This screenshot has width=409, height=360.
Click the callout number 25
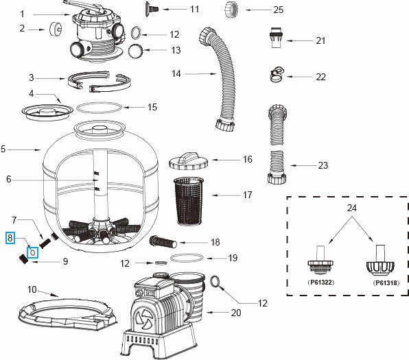tap(279, 10)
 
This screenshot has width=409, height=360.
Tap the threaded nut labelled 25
tap(231, 10)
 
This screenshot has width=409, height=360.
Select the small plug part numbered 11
tap(152, 9)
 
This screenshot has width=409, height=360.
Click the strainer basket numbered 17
tap(188, 201)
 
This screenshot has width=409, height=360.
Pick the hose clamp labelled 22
tap(277, 74)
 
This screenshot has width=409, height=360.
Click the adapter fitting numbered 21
tap(276, 37)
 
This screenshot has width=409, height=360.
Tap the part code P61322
tap(321, 283)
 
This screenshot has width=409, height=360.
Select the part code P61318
tap(386, 283)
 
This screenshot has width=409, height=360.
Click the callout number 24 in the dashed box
tap(351, 208)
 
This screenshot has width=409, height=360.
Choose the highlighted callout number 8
tap(10, 238)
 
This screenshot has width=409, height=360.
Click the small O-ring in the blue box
tap(33, 252)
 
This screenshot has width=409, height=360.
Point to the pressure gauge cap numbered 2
tap(56, 29)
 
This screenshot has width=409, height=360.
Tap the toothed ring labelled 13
tap(136, 50)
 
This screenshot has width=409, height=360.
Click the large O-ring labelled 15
tap(99, 108)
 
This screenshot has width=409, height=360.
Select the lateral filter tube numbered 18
tap(163, 241)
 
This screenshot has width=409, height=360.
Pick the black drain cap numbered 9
tap(23, 259)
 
